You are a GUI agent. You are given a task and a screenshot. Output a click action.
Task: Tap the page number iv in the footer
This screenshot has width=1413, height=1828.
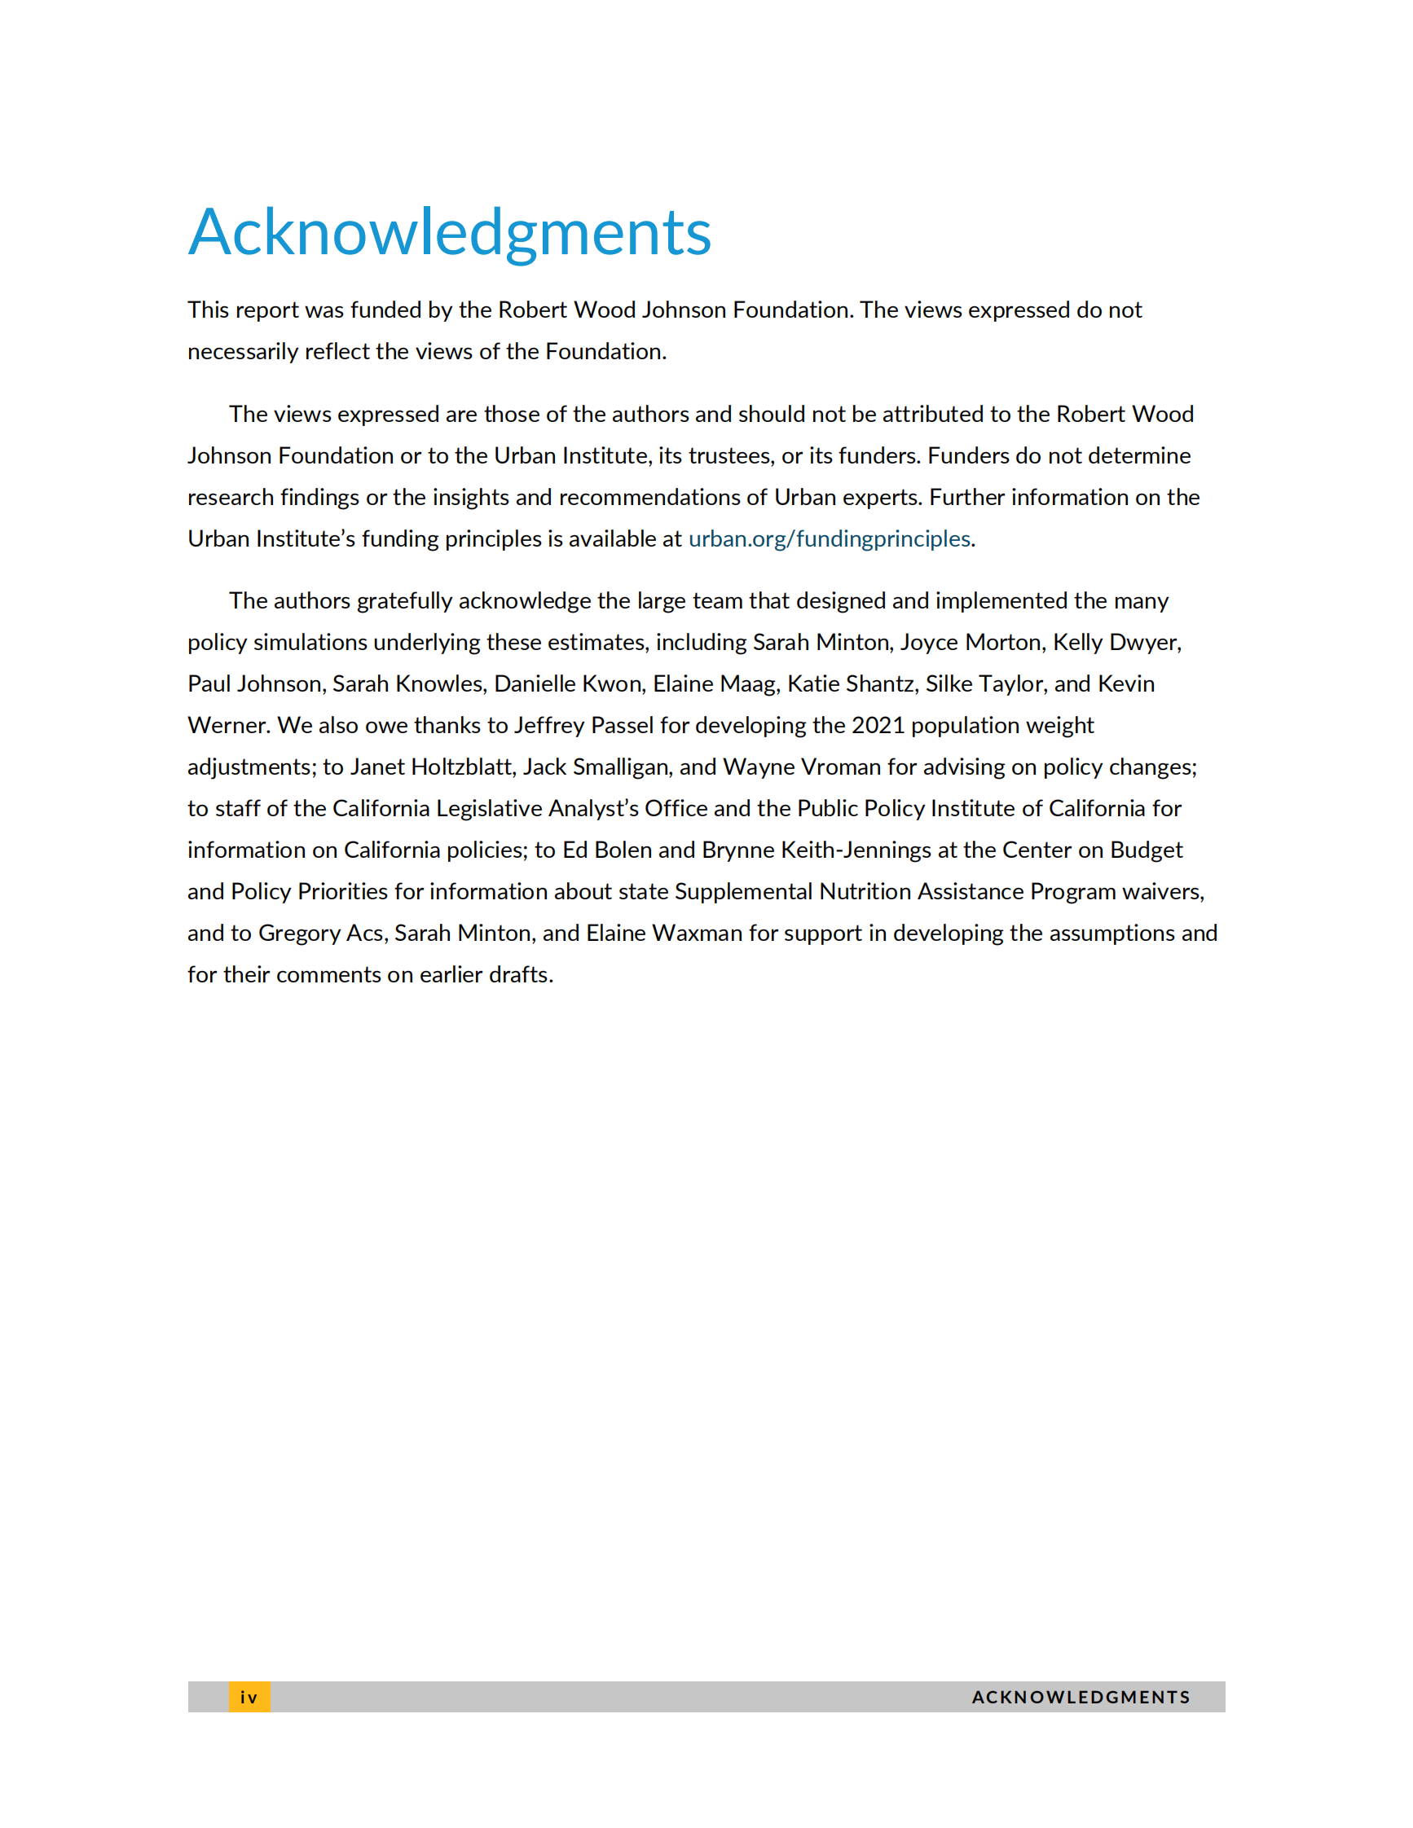click(249, 1698)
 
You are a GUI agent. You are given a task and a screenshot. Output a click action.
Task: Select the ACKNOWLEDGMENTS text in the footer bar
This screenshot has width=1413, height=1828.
click(1080, 1698)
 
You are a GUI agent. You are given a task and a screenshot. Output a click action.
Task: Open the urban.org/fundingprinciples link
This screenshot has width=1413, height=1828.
click(829, 539)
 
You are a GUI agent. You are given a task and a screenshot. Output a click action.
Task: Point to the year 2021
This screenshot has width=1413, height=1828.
click(878, 726)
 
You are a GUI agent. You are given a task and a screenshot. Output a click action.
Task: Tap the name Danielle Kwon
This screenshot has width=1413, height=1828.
click(567, 684)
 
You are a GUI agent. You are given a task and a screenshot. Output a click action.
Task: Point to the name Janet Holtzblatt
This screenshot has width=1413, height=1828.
click(430, 767)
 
